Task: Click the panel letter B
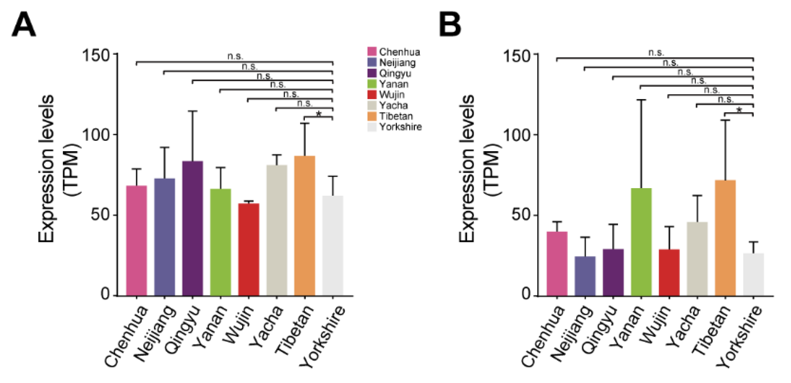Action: pyautogui.click(x=450, y=25)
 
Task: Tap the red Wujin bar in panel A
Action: pyautogui.click(x=248, y=249)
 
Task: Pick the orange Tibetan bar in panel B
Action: pyautogui.click(x=725, y=238)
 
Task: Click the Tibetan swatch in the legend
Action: pyautogui.click(x=372, y=116)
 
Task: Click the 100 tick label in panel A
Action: pyautogui.click(x=96, y=135)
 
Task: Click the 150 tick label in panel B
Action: pyautogui.click(x=517, y=57)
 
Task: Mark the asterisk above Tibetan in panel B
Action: pyautogui.click(x=739, y=110)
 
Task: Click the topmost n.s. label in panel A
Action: pyautogui.click(x=235, y=57)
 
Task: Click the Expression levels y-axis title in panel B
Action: pyautogui.click(x=467, y=169)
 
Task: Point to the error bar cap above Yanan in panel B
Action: pyautogui.click(x=641, y=100)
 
